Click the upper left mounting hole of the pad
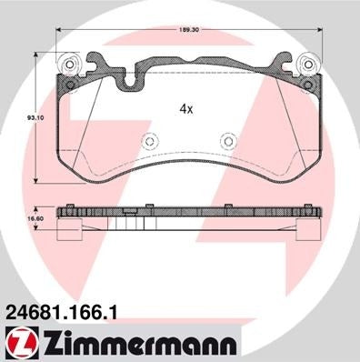[x=68, y=65]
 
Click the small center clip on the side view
[x=131, y=212]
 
